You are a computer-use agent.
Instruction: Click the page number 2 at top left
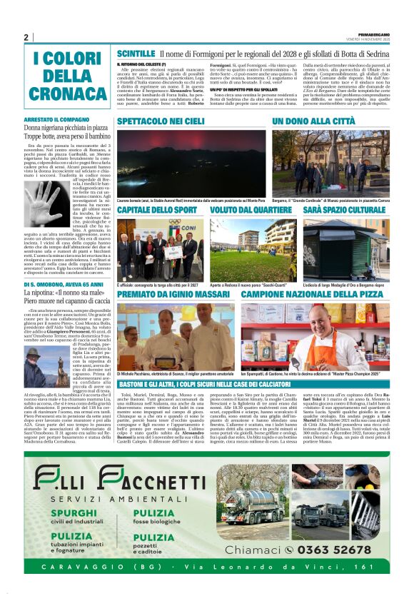[26, 38]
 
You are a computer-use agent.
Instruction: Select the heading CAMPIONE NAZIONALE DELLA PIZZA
[313, 293]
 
